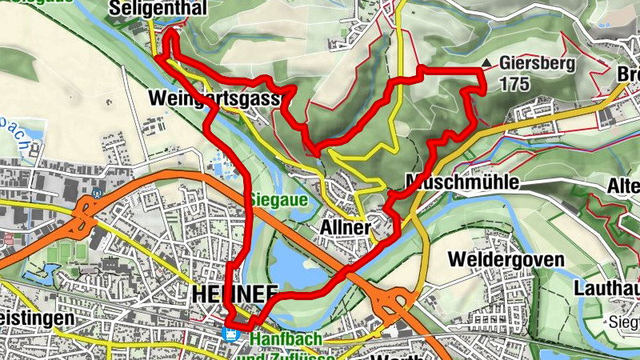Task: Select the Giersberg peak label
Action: (536, 63)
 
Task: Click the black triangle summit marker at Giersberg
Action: (486, 62)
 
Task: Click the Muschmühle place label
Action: (462, 182)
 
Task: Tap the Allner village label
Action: (346, 228)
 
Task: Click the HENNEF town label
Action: (224, 294)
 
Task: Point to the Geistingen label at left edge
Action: (37, 318)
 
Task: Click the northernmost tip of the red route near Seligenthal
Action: (172, 31)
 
